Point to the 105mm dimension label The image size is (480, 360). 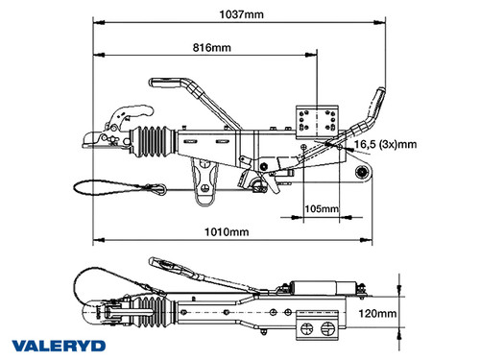click(x=320, y=207)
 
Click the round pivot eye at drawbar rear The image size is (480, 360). click(x=363, y=172)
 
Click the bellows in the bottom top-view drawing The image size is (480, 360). click(x=154, y=310)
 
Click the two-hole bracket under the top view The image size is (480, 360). click(x=316, y=328)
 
